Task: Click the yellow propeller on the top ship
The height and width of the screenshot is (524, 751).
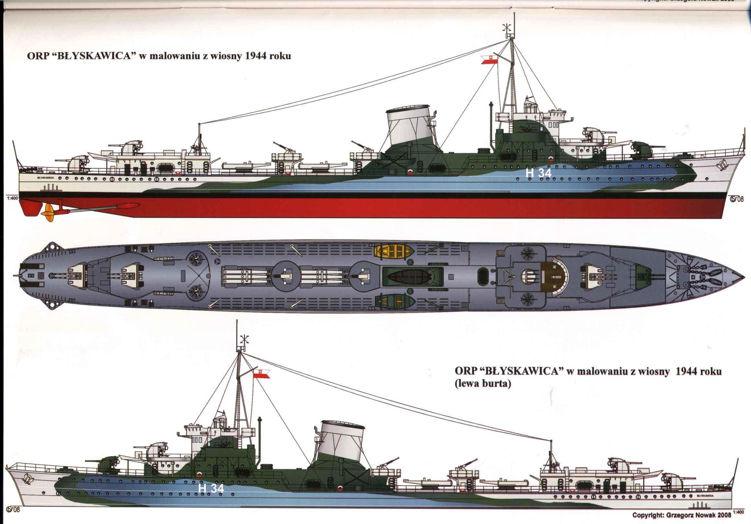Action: (x=47, y=212)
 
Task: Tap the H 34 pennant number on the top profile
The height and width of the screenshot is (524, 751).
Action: (x=538, y=173)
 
